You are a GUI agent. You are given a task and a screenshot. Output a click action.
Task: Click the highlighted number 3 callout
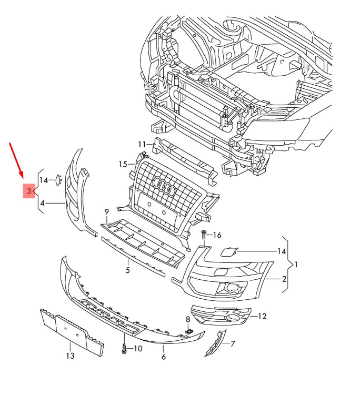(x=28, y=190)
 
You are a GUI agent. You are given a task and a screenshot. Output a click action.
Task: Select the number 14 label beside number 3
(x=44, y=180)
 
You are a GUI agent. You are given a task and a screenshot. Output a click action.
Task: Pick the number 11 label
(x=142, y=144)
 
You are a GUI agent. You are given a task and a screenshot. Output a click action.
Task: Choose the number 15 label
(x=123, y=164)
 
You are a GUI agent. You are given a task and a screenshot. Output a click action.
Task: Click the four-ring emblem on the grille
(x=163, y=187)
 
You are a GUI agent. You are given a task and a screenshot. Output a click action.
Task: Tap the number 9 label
(x=106, y=212)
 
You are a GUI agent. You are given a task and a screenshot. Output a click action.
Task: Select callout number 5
(x=127, y=270)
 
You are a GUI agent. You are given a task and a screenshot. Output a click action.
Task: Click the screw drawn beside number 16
(x=203, y=234)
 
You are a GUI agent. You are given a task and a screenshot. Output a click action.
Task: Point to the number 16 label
(x=217, y=235)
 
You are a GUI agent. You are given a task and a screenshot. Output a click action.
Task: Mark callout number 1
(x=296, y=265)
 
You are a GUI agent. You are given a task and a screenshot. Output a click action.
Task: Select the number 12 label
(x=262, y=316)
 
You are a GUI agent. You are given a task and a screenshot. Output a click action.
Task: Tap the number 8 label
(x=187, y=319)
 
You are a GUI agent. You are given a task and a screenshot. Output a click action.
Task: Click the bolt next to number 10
(x=124, y=348)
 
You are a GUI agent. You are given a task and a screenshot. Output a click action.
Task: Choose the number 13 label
(x=70, y=356)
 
